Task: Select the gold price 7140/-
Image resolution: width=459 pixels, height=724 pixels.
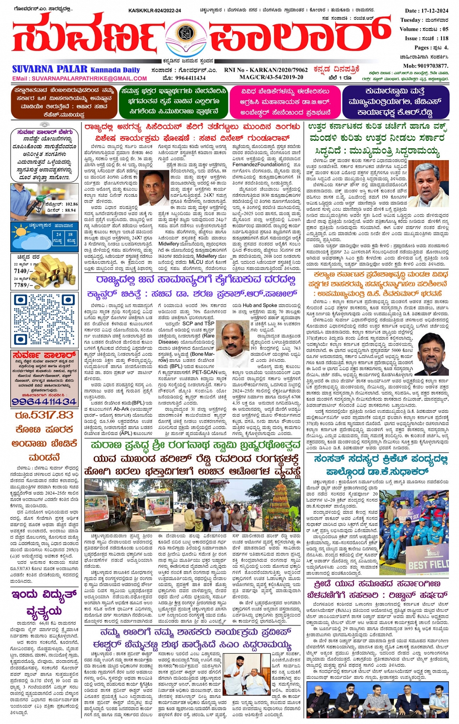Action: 23,271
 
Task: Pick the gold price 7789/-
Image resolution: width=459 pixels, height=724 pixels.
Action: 23,286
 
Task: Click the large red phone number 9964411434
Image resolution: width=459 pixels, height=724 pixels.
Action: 44,402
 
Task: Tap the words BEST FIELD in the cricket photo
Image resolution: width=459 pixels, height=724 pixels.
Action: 427,565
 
